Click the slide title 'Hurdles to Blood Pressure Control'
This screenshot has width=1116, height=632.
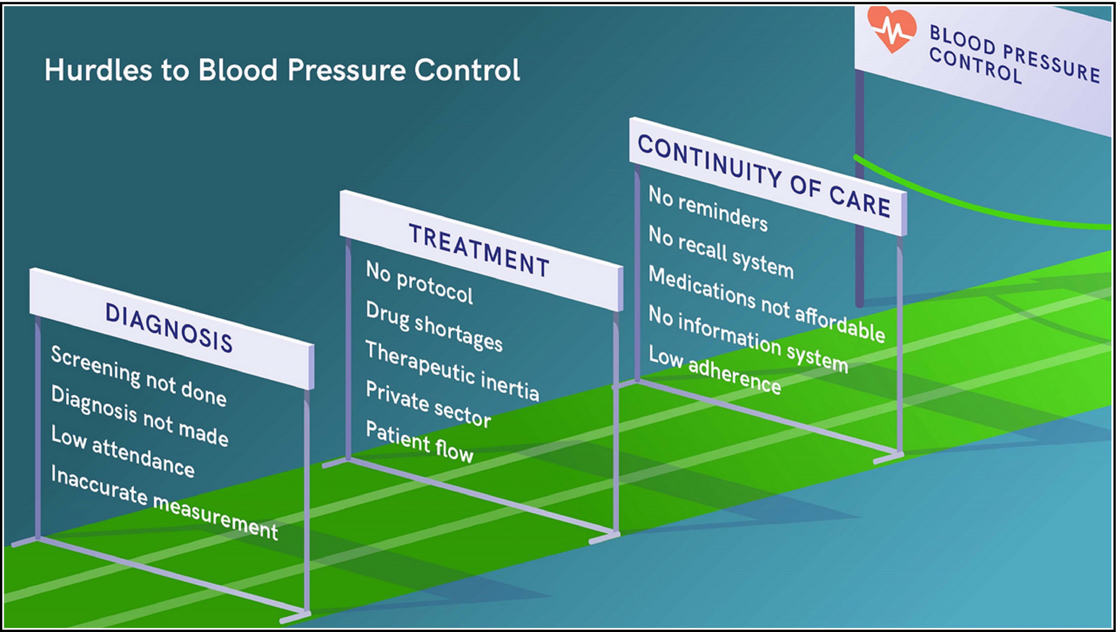pos(282,70)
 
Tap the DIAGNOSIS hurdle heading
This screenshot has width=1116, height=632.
pos(169,328)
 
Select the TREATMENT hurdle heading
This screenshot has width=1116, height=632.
pos(479,250)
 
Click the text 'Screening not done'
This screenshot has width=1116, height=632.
pos(139,376)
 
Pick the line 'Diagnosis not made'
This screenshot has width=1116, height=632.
pos(139,416)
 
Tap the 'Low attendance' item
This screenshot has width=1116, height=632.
pos(123,451)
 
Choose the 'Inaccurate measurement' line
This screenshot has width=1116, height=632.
pos(164,502)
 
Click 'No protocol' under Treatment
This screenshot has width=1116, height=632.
pos(420,282)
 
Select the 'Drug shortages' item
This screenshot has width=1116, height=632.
pos(434,326)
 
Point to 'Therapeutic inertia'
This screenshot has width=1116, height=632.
pos(452,371)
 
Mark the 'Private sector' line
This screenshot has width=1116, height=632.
pos(428,404)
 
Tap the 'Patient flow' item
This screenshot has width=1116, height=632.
pos(420,441)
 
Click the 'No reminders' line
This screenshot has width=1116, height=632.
pos(709,208)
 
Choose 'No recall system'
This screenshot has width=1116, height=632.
pos(722,252)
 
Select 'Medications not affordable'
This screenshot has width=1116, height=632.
pos(767,304)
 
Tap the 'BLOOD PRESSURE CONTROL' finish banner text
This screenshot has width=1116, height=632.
pos(1015,55)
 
